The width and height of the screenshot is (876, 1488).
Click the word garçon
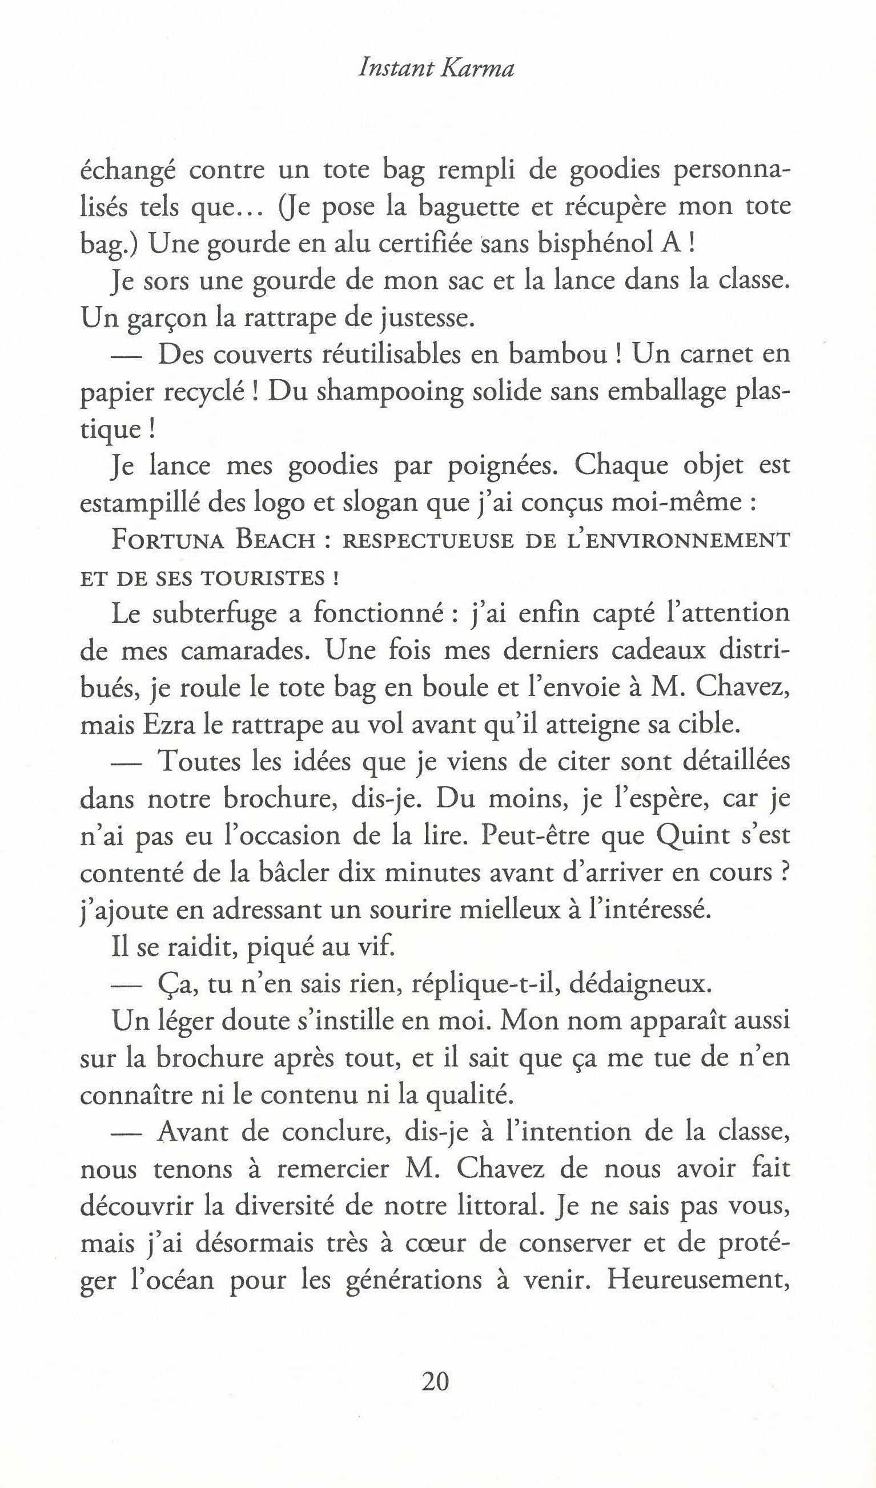[x=169, y=319]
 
